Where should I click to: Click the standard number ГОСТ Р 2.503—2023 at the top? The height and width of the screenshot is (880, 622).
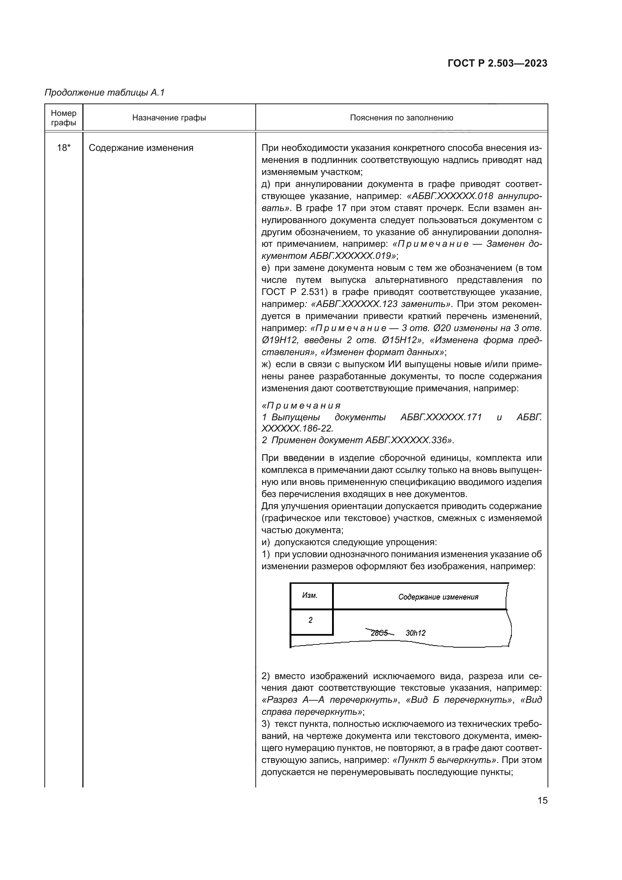pyautogui.click(x=497, y=64)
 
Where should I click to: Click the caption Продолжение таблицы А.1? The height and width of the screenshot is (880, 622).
pyautogui.click(x=104, y=93)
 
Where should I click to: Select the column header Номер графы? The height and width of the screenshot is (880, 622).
pyautogui.click(x=64, y=118)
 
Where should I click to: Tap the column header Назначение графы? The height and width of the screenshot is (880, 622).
pyautogui.click(x=169, y=118)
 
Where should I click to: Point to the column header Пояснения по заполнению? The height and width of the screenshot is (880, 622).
pyautogui.click(x=401, y=118)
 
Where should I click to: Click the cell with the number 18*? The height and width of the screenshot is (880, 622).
pyautogui.click(x=64, y=148)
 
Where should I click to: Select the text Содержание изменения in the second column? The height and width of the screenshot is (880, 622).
pyautogui.click(x=141, y=148)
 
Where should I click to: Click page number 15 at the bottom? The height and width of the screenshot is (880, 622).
pyautogui.click(x=542, y=800)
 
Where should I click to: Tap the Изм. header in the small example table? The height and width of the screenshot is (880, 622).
pyautogui.click(x=310, y=595)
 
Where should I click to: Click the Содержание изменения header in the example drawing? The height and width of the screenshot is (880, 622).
pyautogui.click(x=438, y=597)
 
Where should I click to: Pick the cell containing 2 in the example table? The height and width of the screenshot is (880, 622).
pyautogui.click(x=310, y=620)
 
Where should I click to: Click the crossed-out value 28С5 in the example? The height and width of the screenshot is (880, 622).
pyautogui.click(x=379, y=633)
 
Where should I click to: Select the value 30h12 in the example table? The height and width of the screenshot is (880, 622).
pyautogui.click(x=416, y=633)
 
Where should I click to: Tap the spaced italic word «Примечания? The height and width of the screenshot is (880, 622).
pyautogui.click(x=301, y=406)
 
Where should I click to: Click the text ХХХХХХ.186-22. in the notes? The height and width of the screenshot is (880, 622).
pyautogui.click(x=297, y=428)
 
